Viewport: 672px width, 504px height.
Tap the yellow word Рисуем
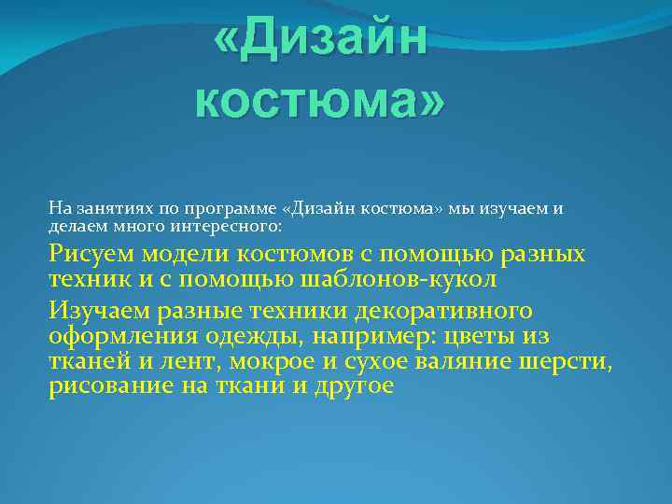91,254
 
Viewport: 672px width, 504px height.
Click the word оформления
120,335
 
